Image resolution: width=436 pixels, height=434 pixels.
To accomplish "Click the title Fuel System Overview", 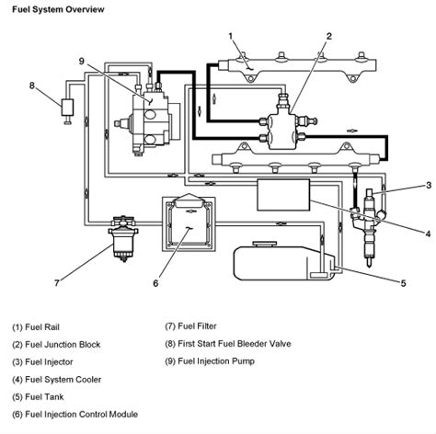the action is (x=58, y=9).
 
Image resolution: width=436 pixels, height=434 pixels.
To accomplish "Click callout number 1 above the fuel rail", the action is (x=231, y=37).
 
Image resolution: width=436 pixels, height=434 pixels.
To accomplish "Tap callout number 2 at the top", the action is (x=329, y=37).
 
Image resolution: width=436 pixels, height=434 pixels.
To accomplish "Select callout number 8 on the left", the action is (x=32, y=86).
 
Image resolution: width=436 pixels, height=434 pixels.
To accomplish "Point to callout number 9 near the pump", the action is (x=81, y=62).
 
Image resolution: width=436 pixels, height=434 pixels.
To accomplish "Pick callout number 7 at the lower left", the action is (x=57, y=282).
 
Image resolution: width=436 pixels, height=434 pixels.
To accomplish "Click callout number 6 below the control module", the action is (x=155, y=283).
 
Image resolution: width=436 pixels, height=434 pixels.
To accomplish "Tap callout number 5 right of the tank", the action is (x=404, y=283).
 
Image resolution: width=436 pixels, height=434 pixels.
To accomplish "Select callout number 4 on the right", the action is (x=429, y=234).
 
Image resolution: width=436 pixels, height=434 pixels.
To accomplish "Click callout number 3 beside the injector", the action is (x=429, y=185).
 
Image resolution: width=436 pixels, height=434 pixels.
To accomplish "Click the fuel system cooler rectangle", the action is (x=283, y=195).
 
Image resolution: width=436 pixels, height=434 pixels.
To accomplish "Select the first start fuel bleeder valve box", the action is (x=67, y=108).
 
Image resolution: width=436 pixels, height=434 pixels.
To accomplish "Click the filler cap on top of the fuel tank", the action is (x=265, y=245).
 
